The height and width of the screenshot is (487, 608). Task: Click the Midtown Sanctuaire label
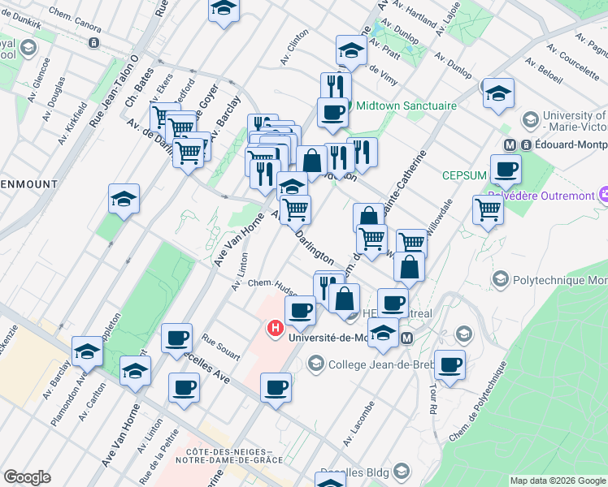tap(405, 106)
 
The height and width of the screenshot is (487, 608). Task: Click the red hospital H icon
tap(275, 330)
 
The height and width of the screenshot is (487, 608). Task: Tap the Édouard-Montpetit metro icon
tap(512, 144)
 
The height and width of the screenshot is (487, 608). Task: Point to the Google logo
tap(27, 477)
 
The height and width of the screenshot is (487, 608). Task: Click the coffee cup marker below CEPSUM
tap(506, 170)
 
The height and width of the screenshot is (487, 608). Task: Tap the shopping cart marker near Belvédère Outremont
tap(488, 209)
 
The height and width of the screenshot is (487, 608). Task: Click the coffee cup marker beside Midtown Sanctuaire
tap(332, 113)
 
